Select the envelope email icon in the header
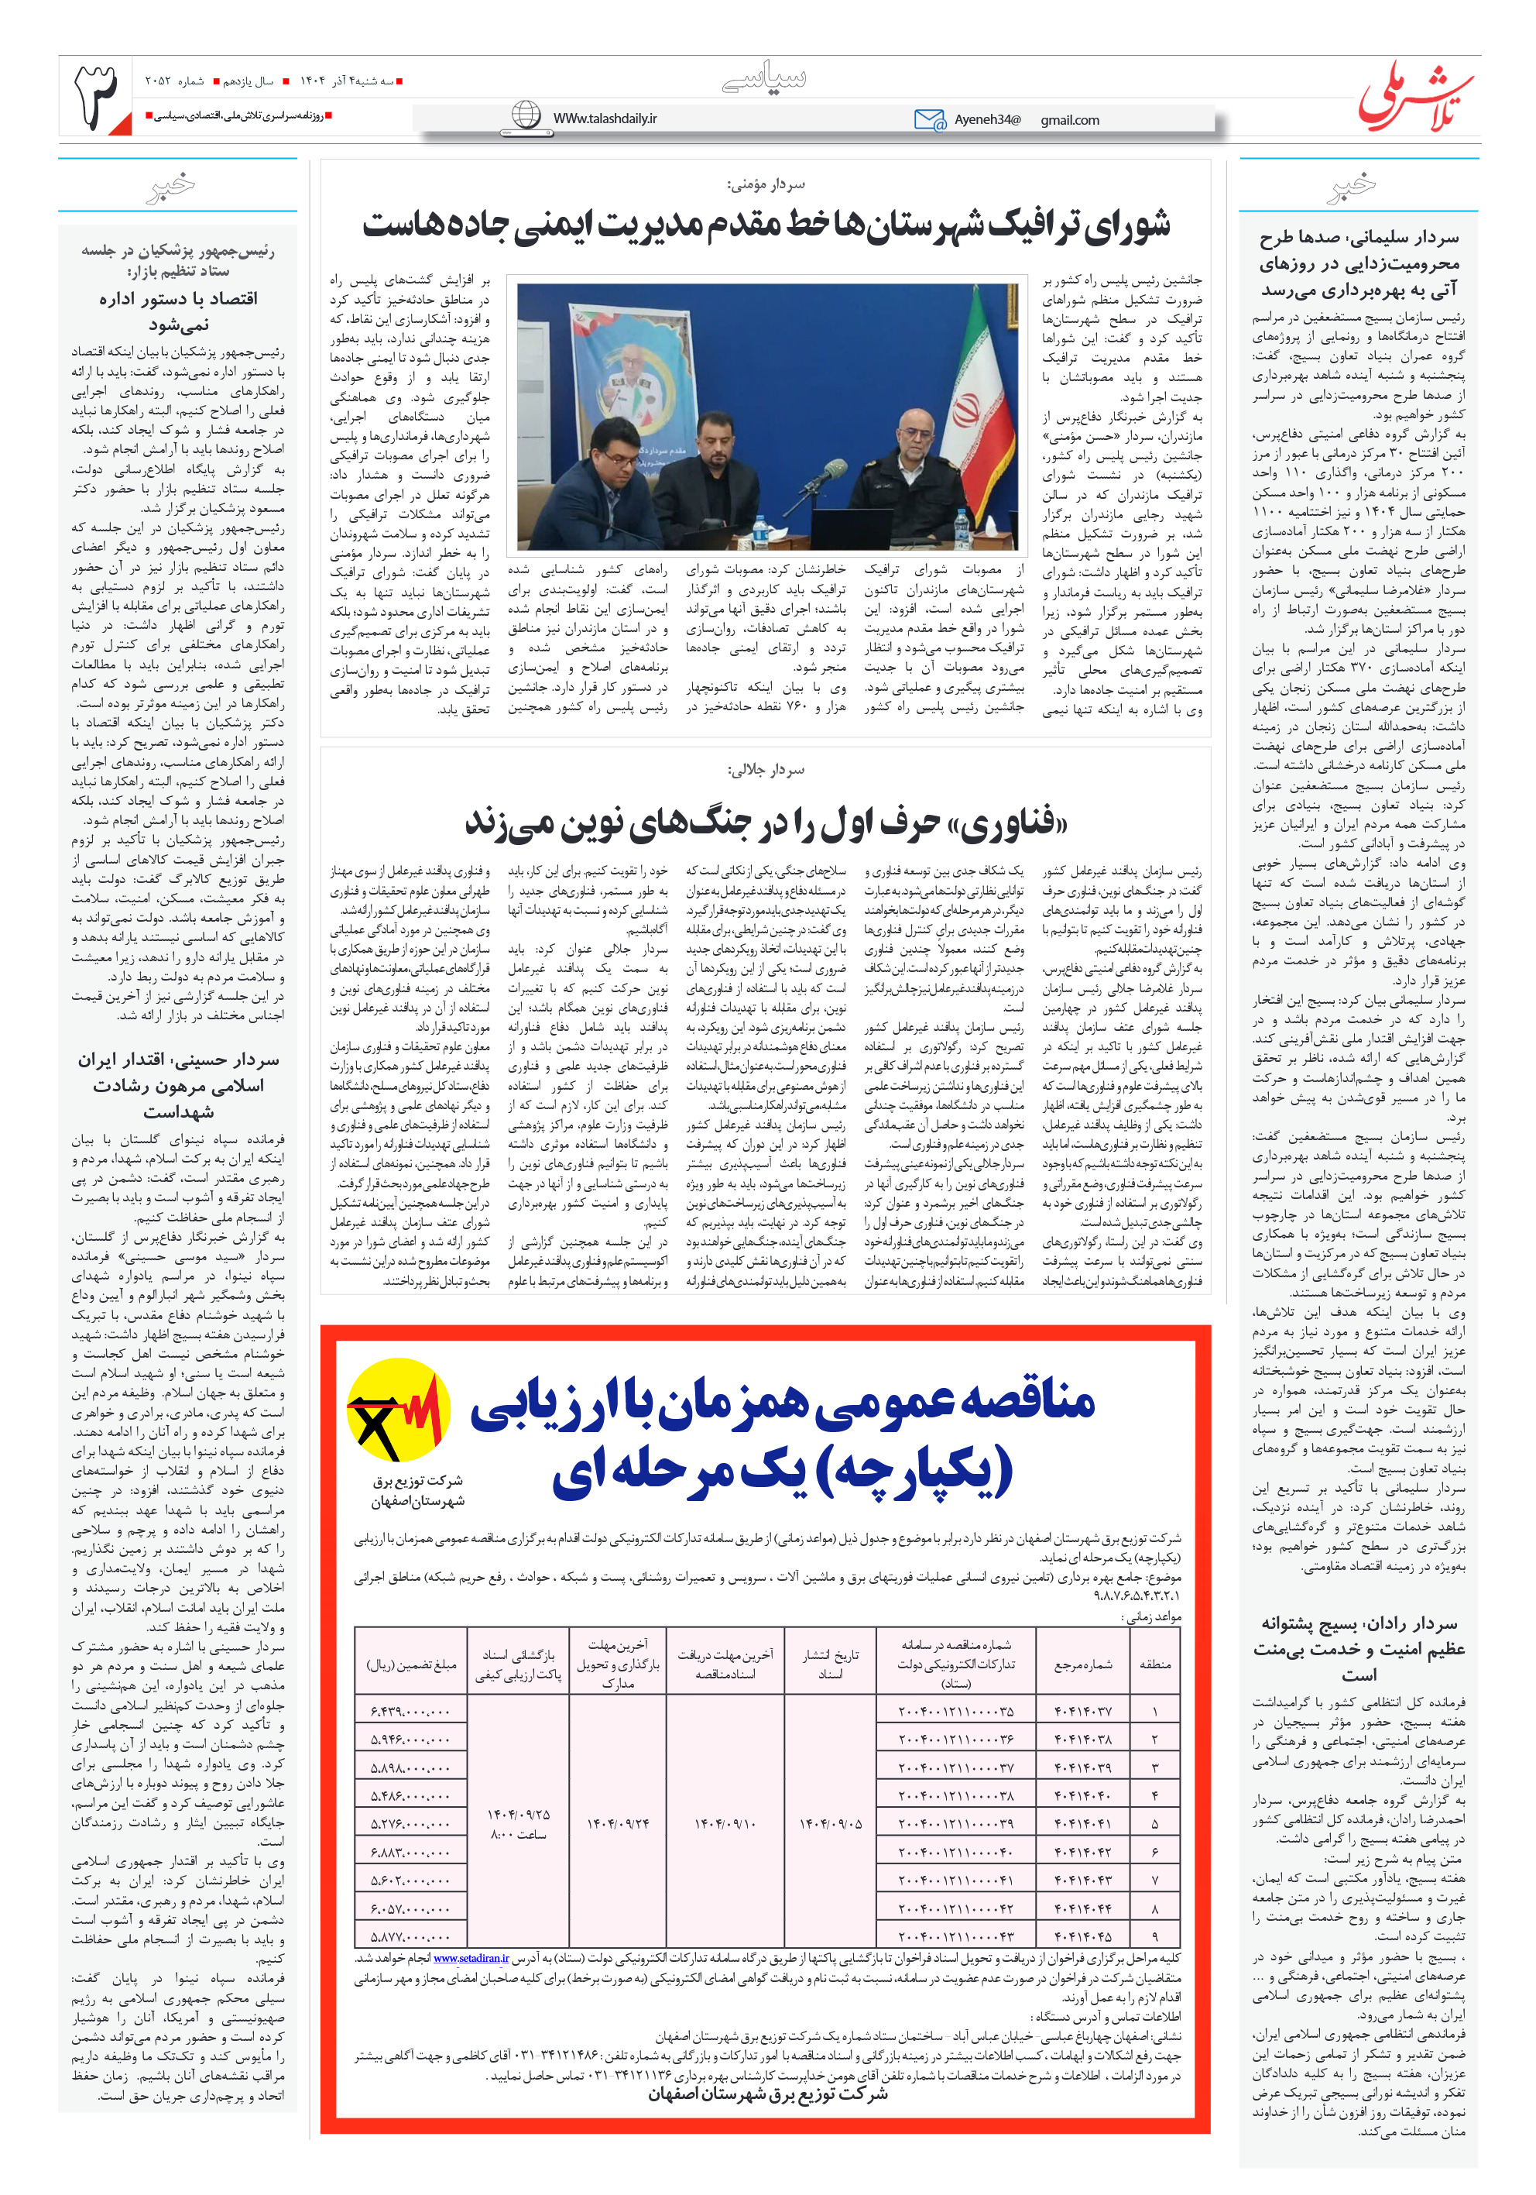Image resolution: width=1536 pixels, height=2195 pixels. [x=928, y=119]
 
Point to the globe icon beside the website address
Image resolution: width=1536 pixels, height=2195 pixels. [x=526, y=115]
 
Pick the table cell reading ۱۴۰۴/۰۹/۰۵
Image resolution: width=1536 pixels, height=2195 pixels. [x=830, y=1823]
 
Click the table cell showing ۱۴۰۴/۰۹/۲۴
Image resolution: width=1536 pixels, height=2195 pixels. [x=619, y=1823]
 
